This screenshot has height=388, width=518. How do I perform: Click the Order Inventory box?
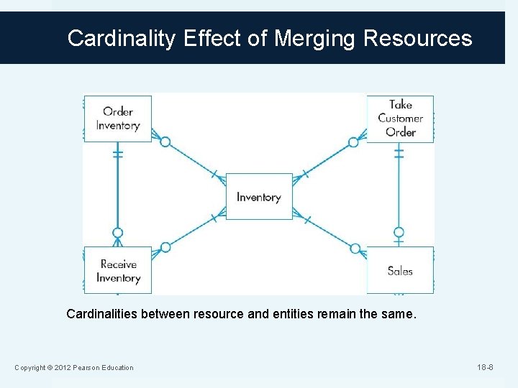click(x=117, y=119)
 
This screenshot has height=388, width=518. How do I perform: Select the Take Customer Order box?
click(x=400, y=119)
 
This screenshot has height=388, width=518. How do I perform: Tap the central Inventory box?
click(x=259, y=196)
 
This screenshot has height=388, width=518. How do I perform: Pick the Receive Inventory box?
click(x=117, y=270)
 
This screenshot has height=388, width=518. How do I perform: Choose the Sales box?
click(x=400, y=270)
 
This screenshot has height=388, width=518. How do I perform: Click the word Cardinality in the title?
click(x=121, y=38)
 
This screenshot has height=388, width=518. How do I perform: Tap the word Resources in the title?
click(x=418, y=38)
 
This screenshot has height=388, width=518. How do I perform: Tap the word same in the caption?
click(x=399, y=314)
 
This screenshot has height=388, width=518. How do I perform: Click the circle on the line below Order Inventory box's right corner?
click(x=165, y=142)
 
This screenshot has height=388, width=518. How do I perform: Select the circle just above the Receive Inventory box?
click(x=118, y=233)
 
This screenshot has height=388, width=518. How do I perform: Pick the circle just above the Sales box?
click(x=399, y=233)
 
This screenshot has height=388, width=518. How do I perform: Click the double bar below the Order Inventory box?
click(x=118, y=154)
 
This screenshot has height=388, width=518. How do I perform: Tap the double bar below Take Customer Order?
click(x=399, y=154)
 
